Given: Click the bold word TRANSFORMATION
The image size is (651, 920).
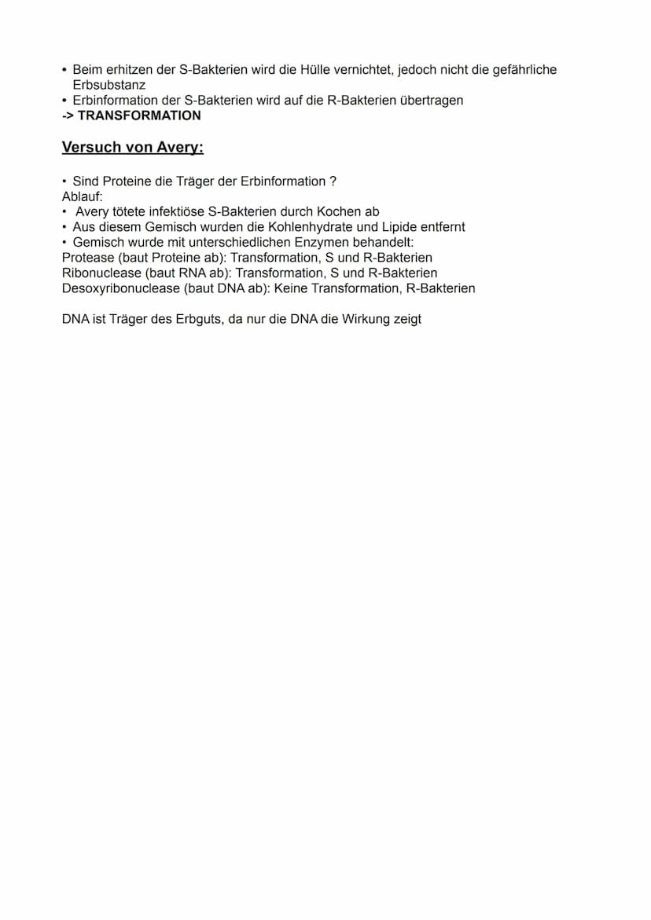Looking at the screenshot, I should tap(139, 115).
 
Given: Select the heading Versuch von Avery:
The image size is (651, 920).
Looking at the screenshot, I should tap(132, 148).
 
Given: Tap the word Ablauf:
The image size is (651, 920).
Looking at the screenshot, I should tap(83, 196).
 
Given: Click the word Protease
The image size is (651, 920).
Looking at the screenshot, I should tap(87, 258).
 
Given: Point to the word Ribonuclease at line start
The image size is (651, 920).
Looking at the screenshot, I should tap(101, 273).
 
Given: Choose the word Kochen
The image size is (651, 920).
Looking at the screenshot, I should tap(339, 212).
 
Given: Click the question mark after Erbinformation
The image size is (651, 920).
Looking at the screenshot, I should tap(333, 181).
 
